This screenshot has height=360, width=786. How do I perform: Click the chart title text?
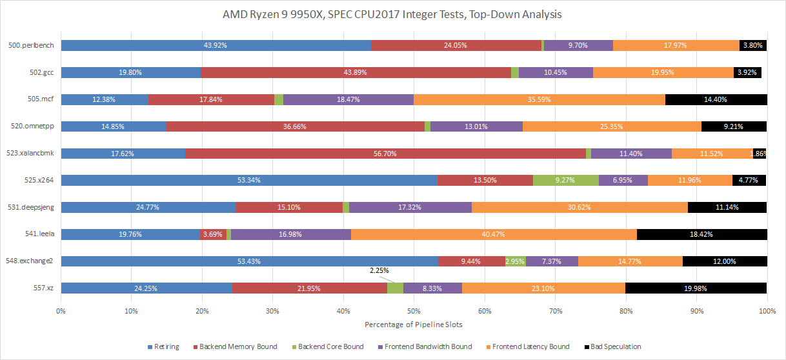click(x=393, y=14)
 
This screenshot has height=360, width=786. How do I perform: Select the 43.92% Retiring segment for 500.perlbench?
click(x=216, y=45)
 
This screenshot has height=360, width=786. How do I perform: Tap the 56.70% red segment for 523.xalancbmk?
click(x=385, y=154)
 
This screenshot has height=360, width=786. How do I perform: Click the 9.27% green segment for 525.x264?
click(x=565, y=181)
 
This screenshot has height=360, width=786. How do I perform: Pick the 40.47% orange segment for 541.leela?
click(x=494, y=234)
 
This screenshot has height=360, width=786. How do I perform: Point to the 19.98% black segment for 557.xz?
click(x=696, y=288)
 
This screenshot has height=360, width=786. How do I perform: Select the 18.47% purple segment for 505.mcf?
click(x=348, y=99)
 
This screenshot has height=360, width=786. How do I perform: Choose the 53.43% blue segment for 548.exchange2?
click(x=249, y=261)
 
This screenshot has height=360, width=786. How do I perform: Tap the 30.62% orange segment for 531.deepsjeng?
click(x=579, y=207)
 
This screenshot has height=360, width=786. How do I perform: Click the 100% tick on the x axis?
click(x=766, y=311)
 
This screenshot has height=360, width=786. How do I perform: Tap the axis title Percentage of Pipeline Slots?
click(x=413, y=323)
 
